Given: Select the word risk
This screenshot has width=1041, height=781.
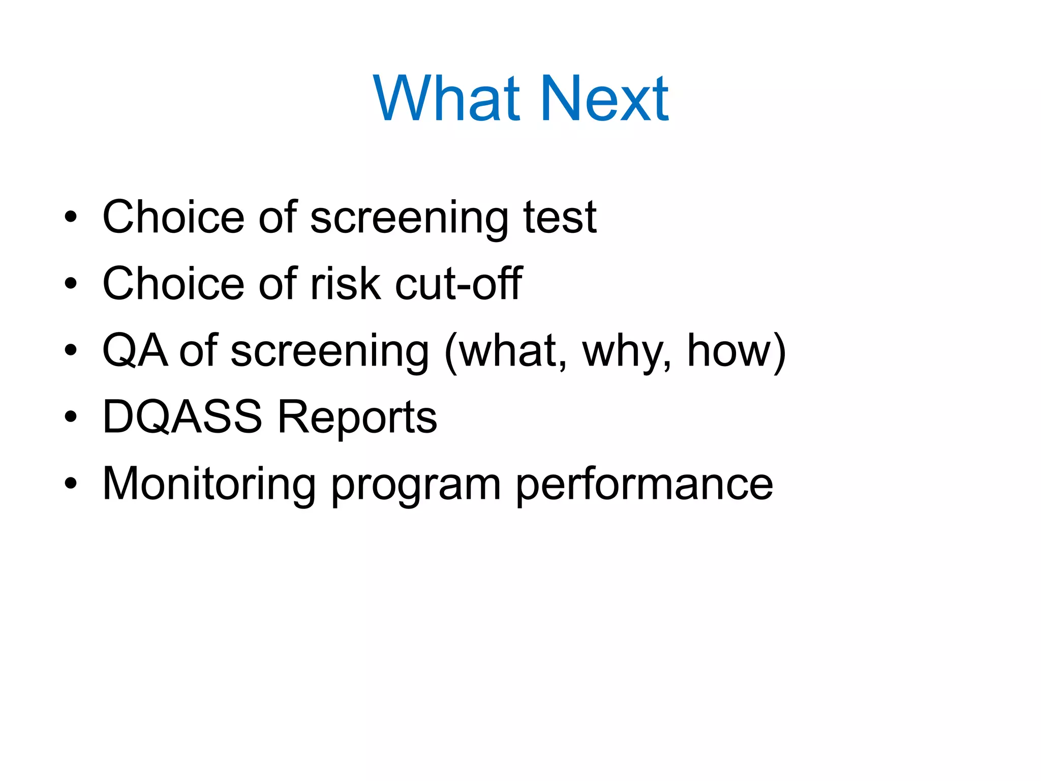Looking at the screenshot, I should [345, 284].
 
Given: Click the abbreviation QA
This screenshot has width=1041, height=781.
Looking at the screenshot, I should [135, 350].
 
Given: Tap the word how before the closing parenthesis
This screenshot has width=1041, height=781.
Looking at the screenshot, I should [729, 350].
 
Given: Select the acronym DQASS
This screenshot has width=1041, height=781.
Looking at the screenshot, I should [182, 417].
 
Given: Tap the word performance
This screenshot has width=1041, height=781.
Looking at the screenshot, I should [644, 485].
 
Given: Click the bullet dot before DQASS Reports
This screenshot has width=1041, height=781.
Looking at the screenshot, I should [71, 417].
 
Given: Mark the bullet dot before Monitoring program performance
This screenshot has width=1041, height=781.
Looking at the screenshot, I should [71, 484].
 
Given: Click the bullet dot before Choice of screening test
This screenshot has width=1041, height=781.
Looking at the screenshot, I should [71, 217].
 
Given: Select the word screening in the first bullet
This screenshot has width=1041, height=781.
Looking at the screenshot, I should [409, 218].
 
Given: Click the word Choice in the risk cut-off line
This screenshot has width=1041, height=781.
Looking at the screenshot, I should [173, 284].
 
